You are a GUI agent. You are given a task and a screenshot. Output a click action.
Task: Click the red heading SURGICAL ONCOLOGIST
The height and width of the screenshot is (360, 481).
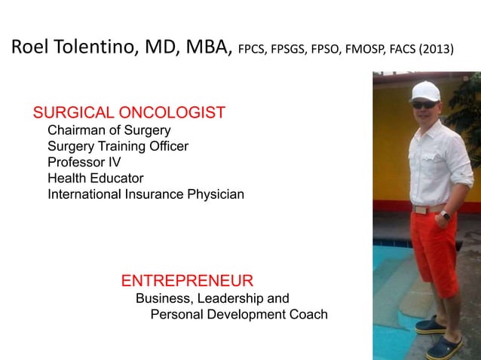(x=129, y=114)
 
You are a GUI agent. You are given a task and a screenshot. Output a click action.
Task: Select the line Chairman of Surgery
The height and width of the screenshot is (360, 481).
(x=109, y=130)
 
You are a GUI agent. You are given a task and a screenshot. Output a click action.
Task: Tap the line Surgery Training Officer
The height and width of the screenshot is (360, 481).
(x=118, y=146)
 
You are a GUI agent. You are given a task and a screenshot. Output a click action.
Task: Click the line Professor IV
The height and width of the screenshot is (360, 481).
(x=84, y=162)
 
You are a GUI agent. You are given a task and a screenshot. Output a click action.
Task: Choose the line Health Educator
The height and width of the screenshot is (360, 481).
(x=95, y=178)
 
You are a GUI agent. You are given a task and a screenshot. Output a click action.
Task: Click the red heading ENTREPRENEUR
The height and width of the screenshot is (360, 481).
(x=187, y=282)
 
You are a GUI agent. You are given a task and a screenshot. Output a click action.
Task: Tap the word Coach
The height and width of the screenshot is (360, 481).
(x=308, y=314)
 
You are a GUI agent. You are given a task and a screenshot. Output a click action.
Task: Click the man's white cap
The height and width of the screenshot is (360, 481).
(x=424, y=91)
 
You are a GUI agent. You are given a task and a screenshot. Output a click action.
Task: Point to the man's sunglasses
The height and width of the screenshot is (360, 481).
(x=424, y=104)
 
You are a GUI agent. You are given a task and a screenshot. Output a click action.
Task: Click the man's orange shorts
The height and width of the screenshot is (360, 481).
(x=434, y=249)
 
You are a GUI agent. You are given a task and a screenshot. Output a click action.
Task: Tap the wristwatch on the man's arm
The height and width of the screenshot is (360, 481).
(x=446, y=215)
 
